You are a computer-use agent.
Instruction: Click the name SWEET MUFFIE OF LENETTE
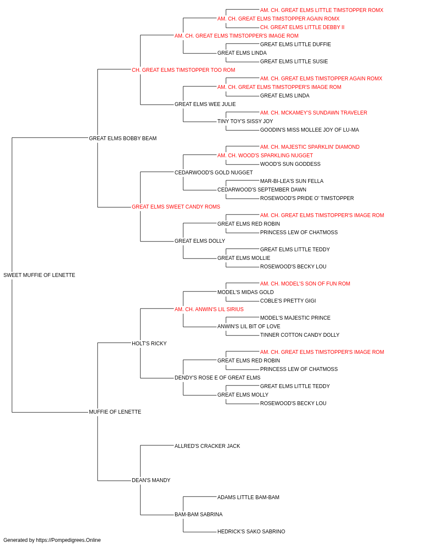tap(39, 275)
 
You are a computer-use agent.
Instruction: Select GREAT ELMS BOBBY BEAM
tap(123, 138)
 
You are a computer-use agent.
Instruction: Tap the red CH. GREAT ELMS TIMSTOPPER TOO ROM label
tap(184, 70)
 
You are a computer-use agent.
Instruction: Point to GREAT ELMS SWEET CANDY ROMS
tap(176, 207)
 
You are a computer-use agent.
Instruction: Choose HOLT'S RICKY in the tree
tap(149, 343)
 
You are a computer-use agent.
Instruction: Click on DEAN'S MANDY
tap(151, 480)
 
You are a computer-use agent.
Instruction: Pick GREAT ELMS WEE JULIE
tap(205, 104)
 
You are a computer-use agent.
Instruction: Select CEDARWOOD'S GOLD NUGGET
tap(214, 172)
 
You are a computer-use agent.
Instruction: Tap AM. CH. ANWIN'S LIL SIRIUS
tap(209, 309)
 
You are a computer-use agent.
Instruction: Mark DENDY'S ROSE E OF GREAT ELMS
tap(217, 378)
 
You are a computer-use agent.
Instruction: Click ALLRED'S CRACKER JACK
tap(208, 446)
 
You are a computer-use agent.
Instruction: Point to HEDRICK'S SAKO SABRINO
tap(251, 531)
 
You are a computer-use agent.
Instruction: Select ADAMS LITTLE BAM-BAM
tap(249, 497)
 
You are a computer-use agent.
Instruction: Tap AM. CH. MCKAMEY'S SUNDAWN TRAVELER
tap(314, 113)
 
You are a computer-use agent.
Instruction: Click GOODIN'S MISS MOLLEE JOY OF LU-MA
tap(309, 130)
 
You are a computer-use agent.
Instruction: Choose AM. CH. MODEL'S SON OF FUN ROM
tap(305, 284)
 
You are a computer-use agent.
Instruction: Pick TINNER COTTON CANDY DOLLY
tap(300, 335)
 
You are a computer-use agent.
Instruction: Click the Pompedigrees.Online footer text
tap(52, 540)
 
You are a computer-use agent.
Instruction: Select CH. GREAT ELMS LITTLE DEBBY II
tap(303, 27)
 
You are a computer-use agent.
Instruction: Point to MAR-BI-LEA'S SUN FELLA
tap(292, 181)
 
